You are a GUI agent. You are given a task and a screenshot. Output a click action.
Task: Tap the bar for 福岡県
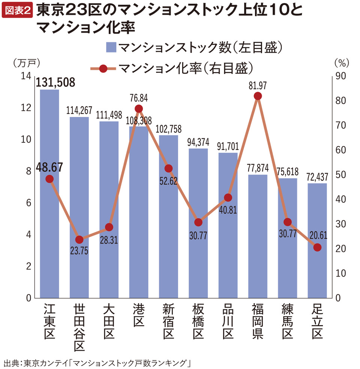click(258, 236)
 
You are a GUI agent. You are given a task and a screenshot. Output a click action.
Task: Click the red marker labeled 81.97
click(258, 96)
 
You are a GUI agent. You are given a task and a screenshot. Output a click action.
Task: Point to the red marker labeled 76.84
click(139, 109)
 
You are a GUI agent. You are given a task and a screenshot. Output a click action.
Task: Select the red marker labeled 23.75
click(79, 239)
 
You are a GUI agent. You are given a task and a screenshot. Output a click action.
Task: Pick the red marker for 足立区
click(317, 247)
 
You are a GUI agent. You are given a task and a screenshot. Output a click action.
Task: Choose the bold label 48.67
click(50, 167)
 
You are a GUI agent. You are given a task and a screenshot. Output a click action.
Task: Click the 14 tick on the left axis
click(26, 76)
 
